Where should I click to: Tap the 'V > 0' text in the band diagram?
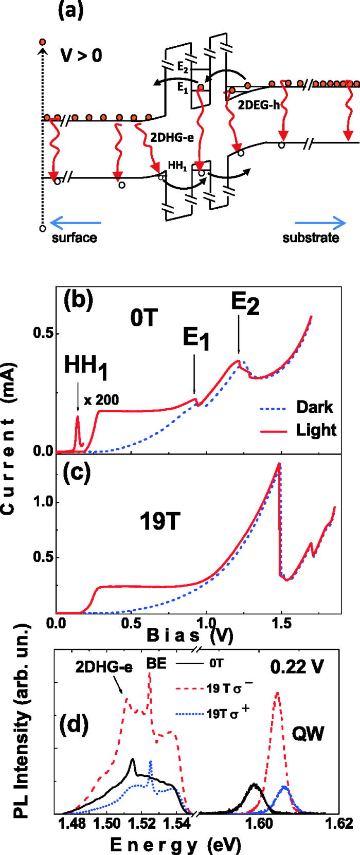(x=79, y=54)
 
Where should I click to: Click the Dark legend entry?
(x=314, y=407)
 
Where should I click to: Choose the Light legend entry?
(x=316, y=429)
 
